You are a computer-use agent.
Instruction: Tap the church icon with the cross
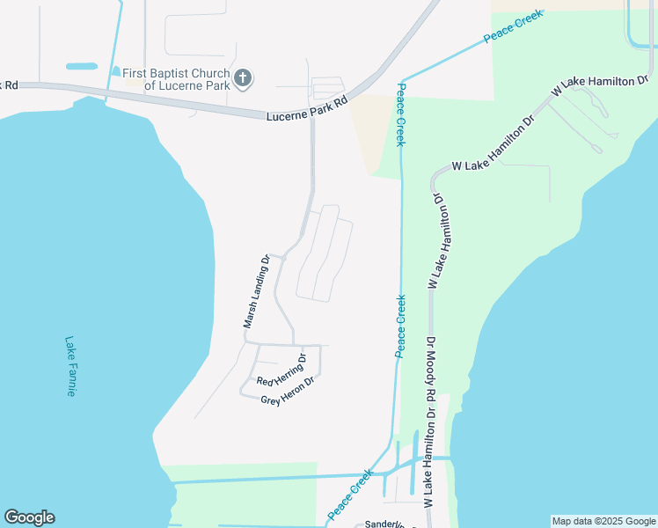[x=244, y=79]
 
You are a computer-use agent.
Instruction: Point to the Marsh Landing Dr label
[x=257, y=292]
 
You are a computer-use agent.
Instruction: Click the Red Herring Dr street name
[x=281, y=370]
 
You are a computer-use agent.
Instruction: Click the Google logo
[x=29, y=517]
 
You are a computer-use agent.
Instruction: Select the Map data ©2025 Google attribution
[x=603, y=521]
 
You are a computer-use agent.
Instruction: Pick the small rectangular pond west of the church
[x=81, y=66]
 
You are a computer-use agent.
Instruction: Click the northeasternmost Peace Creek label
[x=514, y=27]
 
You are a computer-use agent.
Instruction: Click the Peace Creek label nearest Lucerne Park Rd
[x=400, y=114]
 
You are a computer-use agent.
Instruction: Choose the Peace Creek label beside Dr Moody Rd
[x=400, y=326]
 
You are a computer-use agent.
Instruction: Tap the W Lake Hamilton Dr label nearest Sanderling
[x=428, y=458]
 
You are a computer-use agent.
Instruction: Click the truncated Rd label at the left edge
[x=11, y=84]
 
